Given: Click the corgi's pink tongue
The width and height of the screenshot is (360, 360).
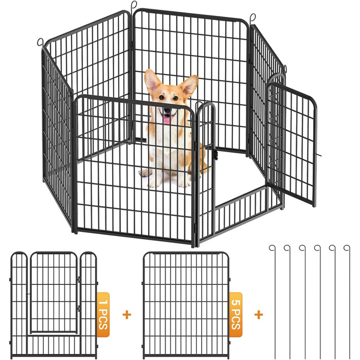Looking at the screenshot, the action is tap(168, 119).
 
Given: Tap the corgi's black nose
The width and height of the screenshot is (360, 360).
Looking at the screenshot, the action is tap(168, 111).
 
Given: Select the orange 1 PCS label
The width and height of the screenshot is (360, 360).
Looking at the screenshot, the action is tap(103, 315).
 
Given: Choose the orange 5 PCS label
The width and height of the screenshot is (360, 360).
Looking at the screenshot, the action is tap(236, 315).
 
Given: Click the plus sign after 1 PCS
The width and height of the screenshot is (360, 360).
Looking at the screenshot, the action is tap(127, 315).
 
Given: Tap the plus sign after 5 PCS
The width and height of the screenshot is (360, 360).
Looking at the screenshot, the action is tap(259, 315).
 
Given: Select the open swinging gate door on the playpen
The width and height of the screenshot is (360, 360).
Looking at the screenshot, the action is tap(292, 145).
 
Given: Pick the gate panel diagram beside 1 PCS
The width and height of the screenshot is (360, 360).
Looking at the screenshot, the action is tap(54, 305).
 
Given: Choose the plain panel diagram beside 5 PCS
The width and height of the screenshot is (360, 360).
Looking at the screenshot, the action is tap(186, 305).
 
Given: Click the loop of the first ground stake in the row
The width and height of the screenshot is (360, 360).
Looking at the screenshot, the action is tap(272, 248).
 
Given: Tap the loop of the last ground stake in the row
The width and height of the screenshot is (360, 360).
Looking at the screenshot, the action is tap(347, 248).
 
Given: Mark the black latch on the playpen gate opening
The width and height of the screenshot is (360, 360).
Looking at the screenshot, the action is tap(215, 154).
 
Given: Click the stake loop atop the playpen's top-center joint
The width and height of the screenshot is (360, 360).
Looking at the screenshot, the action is tap(134, 4).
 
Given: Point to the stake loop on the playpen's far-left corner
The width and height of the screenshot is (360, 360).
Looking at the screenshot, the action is tap(40, 42).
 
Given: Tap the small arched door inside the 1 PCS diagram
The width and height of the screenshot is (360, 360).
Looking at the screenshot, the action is tap(53, 292).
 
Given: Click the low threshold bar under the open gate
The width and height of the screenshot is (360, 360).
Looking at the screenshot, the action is tap(241, 197).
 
